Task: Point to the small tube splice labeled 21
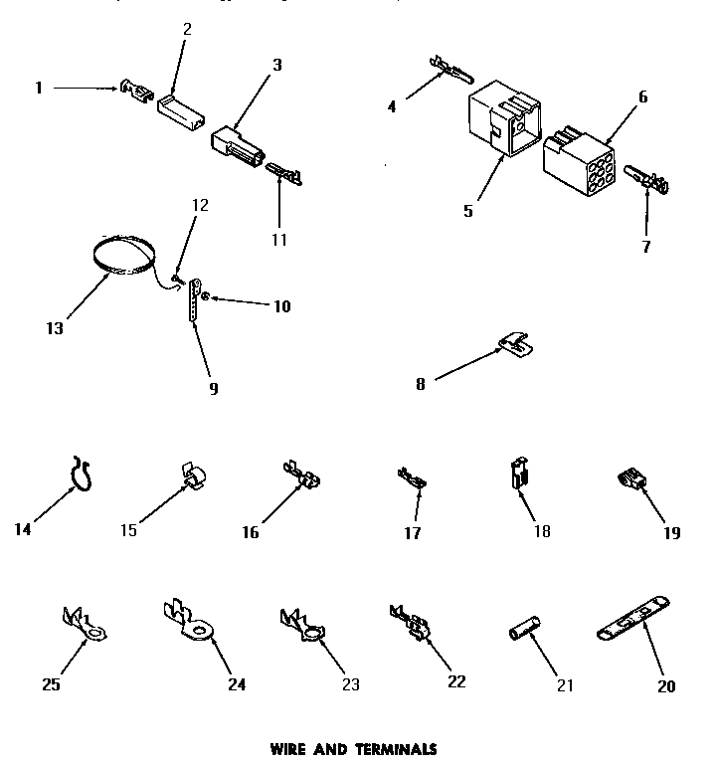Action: (x=523, y=633)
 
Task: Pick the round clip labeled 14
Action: (x=81, y=473)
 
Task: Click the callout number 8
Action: (x=420, y=384)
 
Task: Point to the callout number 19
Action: (x=671, y=532)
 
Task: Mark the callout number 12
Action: (x=200, y=206)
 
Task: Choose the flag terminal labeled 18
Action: (x=516, y=474)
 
